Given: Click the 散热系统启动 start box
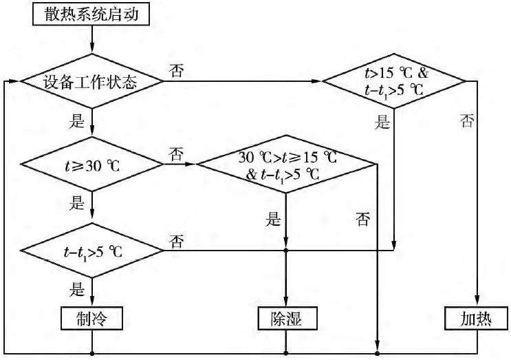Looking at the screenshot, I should (91, 14).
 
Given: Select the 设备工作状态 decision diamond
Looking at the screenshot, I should (91, 83).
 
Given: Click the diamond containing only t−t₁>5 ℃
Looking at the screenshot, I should (91, 250).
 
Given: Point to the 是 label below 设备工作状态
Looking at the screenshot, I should (77, 122).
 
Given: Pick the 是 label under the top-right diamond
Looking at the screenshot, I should (382, 123).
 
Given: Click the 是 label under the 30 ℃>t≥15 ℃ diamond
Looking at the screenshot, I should (274, 220).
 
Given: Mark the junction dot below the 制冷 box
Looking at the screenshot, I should (91, 354).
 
